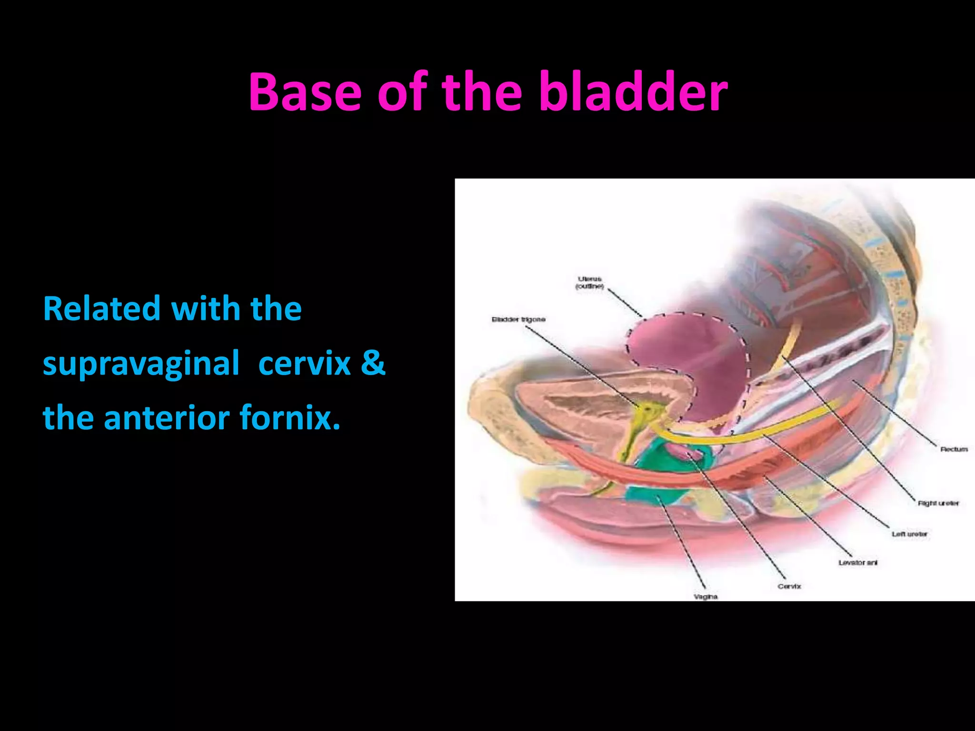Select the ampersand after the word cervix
[x=373, y=363]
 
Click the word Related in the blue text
[x=102, y=309]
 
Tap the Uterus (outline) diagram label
[x=589, y=282]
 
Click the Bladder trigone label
[x=518, y=319]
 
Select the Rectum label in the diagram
[x=954, y=449]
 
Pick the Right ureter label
[x=938, y=503]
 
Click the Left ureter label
[x=909, y=534]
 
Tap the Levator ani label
[x=857, y=563]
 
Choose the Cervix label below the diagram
[x=789, y=586]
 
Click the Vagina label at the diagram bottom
[x=705, y=596]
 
